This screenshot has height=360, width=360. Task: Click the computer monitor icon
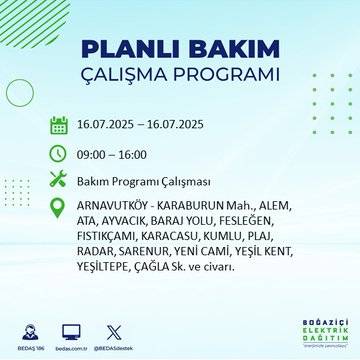[72, 330]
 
